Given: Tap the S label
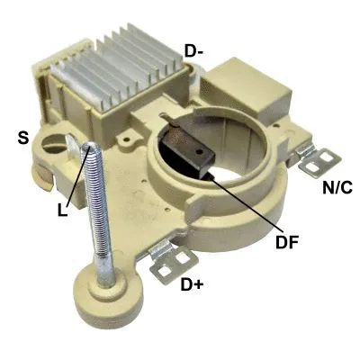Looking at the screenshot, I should pos(24,139).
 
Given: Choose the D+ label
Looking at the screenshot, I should pos(192,286).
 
